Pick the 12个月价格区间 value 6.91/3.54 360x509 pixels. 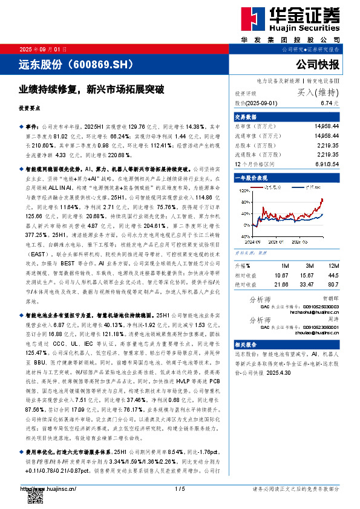[x=327, y=164]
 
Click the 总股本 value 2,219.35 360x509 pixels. [x=327, y=145]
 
